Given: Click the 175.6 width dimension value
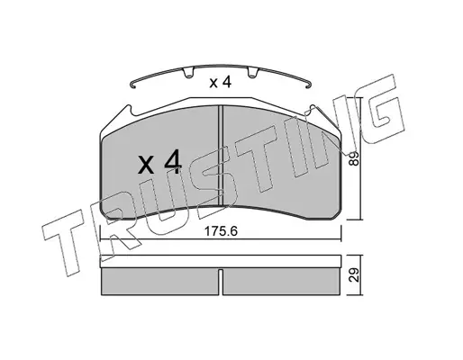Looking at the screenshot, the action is tap(221, 231).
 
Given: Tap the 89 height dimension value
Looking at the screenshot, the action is tap(355, 158).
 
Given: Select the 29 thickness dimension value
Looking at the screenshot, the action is tap(355, 274).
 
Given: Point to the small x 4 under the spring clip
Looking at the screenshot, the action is tap(221, 82).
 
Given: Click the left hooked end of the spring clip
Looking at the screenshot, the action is tap(133, 85).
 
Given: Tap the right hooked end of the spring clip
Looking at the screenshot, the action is tap(308, 85).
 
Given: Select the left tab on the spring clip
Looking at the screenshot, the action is tap(188, 73).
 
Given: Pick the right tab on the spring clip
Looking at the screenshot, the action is tap(253, 73).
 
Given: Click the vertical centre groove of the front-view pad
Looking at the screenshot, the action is tap(221, 156).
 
